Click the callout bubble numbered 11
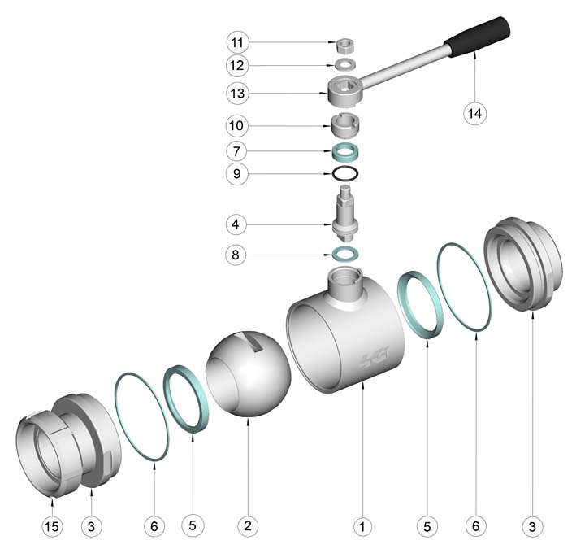click(x=237, y=42)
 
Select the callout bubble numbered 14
click(x=474, y=113)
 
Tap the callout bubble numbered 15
click(x=52, y=526)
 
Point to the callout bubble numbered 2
click(x=248, y=525)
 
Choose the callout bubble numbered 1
click(x=362, y=526)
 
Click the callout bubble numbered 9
click(x=237, y=173)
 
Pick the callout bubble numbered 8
click(x=236, y=255)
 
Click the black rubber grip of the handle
click(x=478, y=37)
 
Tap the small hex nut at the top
click(x=345, y=46)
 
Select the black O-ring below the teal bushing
click(x=345, y=173)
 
